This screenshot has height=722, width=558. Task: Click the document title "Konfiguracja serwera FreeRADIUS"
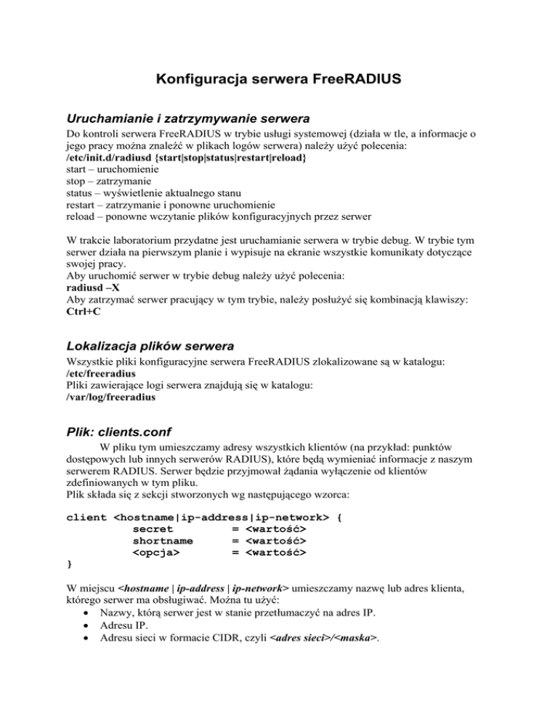coord(278,79)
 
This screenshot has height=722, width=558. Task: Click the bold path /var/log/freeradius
coord(110,405)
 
